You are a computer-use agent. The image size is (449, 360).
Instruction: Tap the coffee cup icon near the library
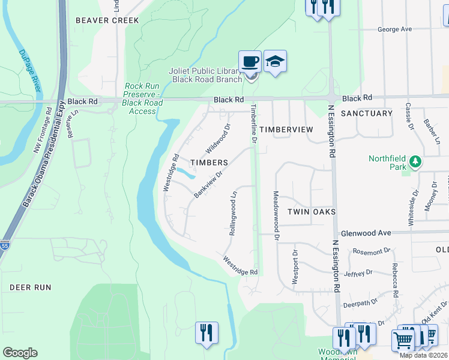coord(250,61)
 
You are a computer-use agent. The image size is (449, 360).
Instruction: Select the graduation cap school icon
coord(275,61)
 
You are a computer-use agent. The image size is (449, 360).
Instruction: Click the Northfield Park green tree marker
coord(415,161)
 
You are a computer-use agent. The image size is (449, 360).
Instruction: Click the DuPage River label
coord(28,71)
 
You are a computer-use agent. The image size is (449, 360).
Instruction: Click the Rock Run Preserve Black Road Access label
coord(142,98)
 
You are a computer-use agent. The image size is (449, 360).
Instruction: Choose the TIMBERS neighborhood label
coord(209,163)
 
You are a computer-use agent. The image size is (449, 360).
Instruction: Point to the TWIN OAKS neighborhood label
coord(310,212)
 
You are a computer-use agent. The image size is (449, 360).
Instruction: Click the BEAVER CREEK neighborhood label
coord(100,20)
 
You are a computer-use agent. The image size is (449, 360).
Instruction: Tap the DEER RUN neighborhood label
coord(30,287)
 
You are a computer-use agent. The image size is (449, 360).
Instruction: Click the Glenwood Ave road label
coord(366,233)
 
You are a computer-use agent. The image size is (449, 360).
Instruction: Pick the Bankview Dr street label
coord(208,184)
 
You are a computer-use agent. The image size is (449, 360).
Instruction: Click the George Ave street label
coord(394,29)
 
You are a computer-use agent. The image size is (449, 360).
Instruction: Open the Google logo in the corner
coord(20,353)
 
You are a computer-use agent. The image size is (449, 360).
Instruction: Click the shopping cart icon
coord(403,340)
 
